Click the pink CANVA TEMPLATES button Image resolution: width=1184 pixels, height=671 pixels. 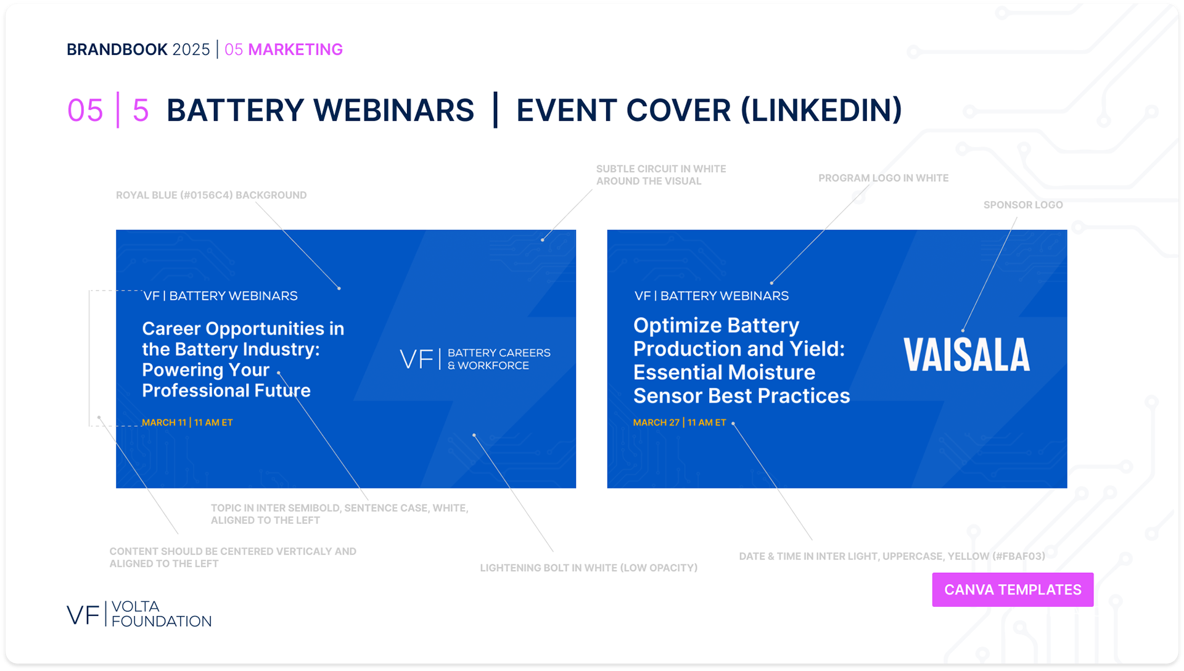click(x=1013, y=590)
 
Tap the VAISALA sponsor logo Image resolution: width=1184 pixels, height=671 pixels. click(x=966, y=355)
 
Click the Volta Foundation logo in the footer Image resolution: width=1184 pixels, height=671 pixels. click(x=139, y=614)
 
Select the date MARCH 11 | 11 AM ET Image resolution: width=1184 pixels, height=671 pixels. click(x=187, y=422)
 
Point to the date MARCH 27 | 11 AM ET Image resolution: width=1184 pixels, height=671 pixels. click(x=680, y=422)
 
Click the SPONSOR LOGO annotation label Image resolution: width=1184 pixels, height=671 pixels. click(x=1023, y=205)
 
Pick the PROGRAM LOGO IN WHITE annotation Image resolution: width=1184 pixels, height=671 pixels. click(x=883, y=178)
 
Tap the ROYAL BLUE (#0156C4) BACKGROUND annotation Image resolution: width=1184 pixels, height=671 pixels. click(x=211, y=196)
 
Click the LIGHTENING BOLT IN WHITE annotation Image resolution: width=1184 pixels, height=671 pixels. click(x=589, y=568)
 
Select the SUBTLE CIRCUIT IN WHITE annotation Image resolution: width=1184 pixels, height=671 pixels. click(x=661, y=175)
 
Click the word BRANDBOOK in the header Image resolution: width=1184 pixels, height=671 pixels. click(x=117, y=49)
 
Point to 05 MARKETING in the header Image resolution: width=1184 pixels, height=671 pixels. click(x=284, y=49)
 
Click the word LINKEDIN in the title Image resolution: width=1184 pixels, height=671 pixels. click(x=821, y=110)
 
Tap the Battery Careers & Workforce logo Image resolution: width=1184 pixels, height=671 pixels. click(x=475, y=359)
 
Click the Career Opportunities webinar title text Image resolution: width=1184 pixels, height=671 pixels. click(x=243, y=359)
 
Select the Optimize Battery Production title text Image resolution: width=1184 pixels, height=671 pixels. click(x=741, y=361)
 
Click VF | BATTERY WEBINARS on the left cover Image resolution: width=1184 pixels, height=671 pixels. click(x=220, y=296)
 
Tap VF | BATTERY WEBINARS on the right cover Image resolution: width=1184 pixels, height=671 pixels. click(x=712, y=296)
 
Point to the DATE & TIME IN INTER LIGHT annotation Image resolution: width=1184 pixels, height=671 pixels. click(x=892, y=556)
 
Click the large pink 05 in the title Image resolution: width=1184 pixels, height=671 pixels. click(x=85, y=111)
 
